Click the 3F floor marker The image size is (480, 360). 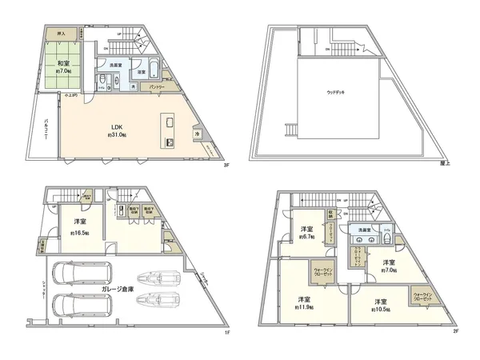226,166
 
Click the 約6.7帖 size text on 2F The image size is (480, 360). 305,237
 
